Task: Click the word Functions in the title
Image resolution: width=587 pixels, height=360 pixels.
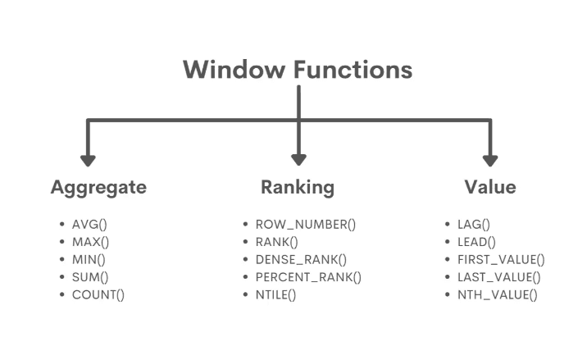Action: [x=353, y=70]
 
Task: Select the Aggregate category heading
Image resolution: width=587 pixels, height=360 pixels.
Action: [x=98, y=187]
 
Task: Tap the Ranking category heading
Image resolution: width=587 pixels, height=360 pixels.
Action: [x=298, y=187]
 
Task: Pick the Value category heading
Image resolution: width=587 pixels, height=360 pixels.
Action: [x=490, y=187]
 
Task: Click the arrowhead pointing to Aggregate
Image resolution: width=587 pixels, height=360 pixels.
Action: [x=88, y=159]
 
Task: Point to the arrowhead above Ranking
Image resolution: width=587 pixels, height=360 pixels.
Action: [x=298, y=159]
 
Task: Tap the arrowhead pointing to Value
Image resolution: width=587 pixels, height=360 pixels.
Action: [x=490, y=159]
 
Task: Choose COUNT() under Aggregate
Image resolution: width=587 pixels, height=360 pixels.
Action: [x=98, y=294]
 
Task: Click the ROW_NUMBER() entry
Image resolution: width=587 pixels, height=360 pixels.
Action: [x=306, y=224]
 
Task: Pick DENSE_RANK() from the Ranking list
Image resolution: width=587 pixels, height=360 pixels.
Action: [x=301, y=259]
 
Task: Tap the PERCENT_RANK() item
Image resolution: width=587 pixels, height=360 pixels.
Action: [x=308, y=277]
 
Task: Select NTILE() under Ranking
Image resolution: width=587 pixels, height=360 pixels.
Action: [x=275, y=294]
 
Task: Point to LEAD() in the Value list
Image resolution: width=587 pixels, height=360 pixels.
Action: [x=476, y=241]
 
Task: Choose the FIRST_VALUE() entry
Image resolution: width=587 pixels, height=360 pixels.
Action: [x=501, y=259]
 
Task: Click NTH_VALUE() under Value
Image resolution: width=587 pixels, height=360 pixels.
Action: [x=497, y=294]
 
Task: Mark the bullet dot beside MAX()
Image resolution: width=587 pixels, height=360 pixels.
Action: [x=61, y=242]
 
